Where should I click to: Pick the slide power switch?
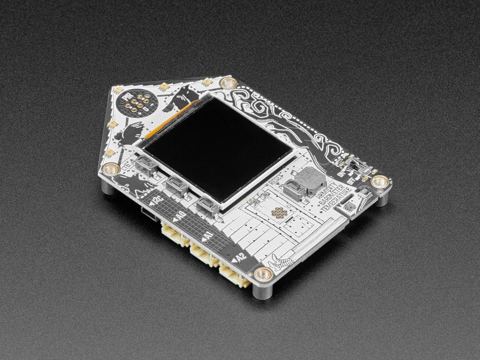[356, 164]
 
